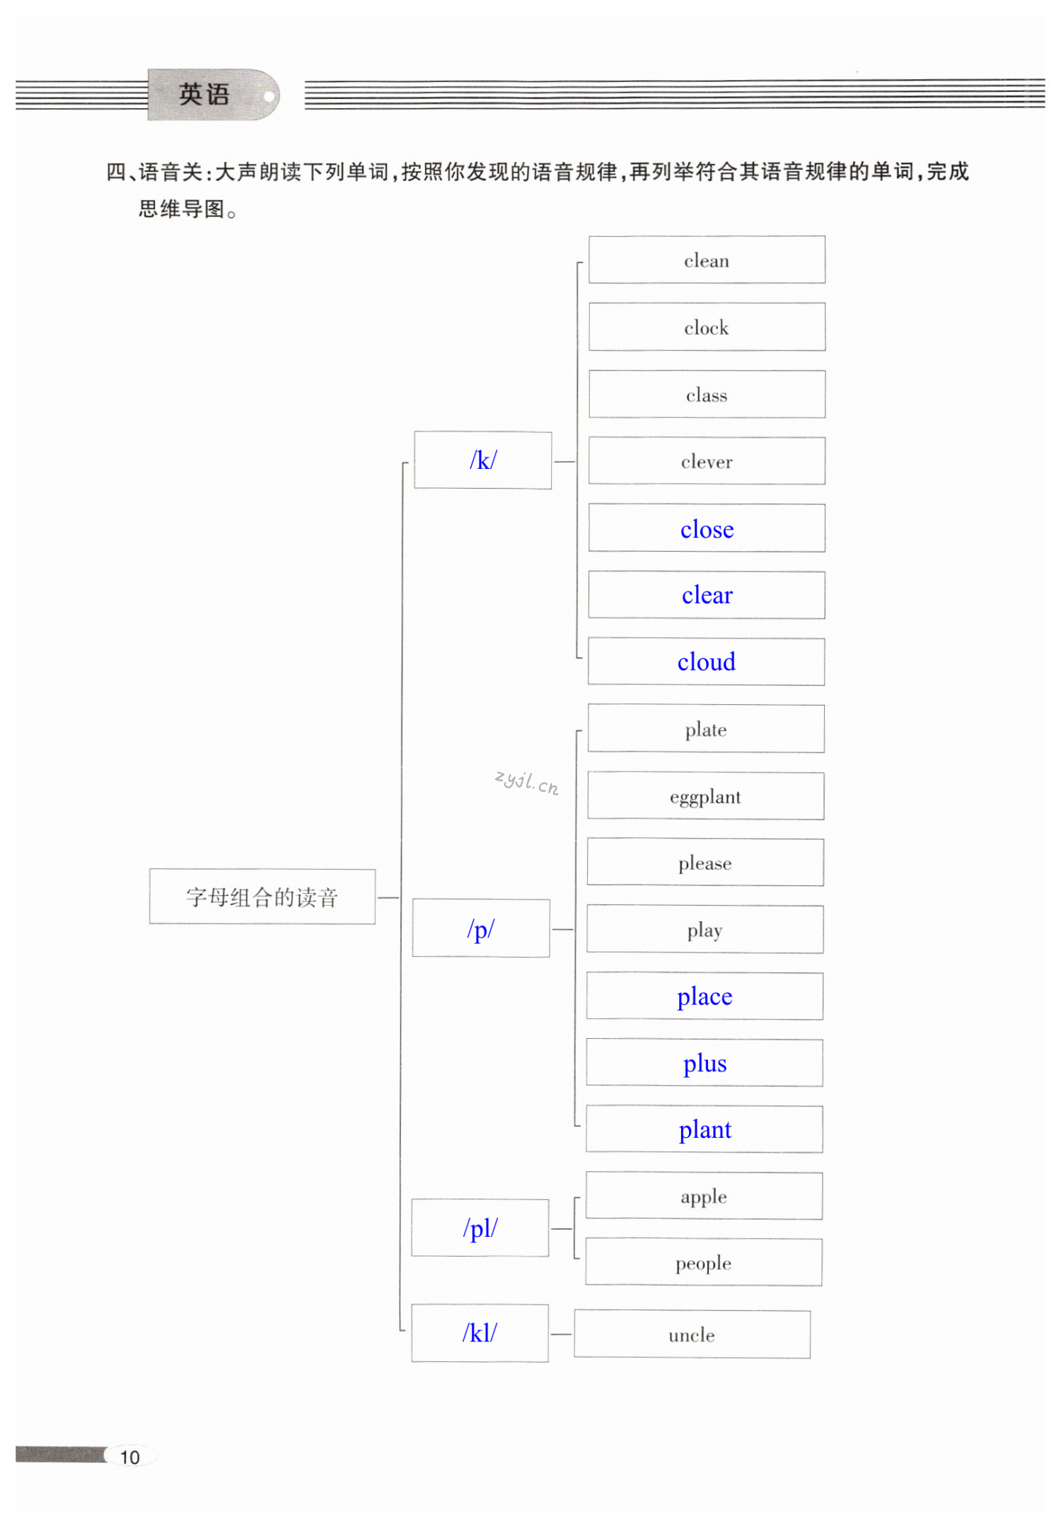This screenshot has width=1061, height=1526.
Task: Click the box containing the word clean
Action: [706, 260]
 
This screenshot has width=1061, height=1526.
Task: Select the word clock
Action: [706, 327]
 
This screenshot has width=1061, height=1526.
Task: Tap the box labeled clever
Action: [706, 462]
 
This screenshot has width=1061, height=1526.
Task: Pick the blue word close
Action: [707, 529]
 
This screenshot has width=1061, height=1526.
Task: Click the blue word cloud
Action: [706, 662]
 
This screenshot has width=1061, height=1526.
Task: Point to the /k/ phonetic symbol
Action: [482, 460]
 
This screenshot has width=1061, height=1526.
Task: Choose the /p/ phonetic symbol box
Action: [481, 928]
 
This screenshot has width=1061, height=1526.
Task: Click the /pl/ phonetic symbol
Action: [480, 1228]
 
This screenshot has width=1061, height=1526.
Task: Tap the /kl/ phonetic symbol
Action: [480, 1333]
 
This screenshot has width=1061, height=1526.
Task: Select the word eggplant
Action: [705, 797]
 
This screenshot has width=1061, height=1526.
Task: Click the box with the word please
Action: [705, 863]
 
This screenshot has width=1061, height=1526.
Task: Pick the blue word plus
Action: [705, 1063]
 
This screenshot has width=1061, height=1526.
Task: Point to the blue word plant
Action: [705, 1129]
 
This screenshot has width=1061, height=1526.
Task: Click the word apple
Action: [704, 1196]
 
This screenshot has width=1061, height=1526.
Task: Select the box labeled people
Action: [703, 1263]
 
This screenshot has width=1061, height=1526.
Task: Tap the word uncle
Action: [692, 1335]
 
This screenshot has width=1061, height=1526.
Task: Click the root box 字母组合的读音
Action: [262, 897]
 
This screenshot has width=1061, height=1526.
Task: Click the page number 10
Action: [130, 1457]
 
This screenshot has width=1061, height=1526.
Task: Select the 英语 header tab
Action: [205, 94]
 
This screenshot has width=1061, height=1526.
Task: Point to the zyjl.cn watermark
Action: [527, 782]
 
